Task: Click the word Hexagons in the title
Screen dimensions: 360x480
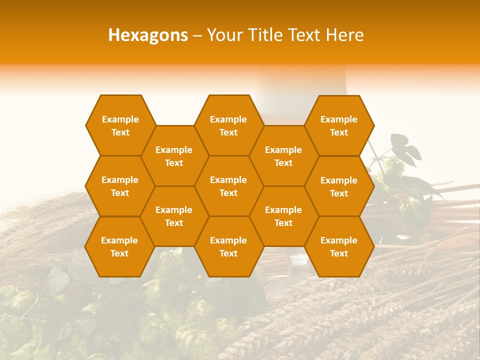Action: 148,35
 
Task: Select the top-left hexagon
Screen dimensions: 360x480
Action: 120,125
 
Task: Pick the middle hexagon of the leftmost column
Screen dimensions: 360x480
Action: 120,186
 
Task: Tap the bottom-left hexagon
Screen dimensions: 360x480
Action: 119,246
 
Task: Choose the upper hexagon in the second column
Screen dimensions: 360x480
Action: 174,156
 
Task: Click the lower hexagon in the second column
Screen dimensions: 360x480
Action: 174,216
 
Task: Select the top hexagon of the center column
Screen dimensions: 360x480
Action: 228,125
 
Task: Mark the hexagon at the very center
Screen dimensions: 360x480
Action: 228,186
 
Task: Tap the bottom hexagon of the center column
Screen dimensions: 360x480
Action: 228,246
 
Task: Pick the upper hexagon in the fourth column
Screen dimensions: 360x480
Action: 283,156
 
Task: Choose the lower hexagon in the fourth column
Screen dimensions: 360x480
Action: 283,216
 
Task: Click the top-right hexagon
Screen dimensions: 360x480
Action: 339,125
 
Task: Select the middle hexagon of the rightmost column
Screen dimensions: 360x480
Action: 339,186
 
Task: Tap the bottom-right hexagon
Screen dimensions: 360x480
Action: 339,246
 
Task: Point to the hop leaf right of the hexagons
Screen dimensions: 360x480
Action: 406,148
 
